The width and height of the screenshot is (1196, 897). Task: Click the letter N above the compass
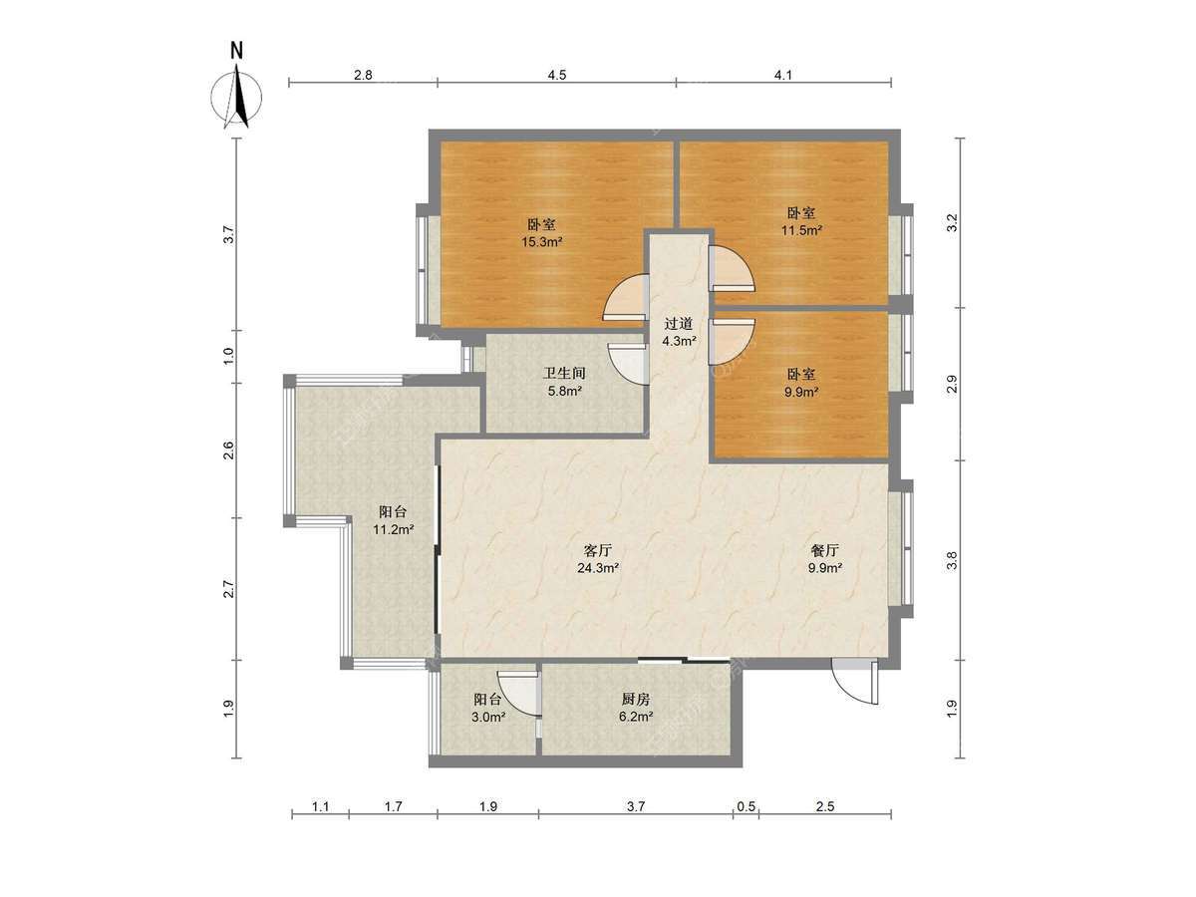[x=237, y=51]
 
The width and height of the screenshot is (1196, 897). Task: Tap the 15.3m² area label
[x=541, y=242]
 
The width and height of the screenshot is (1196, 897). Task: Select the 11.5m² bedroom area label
[x=801, y=230]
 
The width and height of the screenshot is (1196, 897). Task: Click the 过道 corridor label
[x=679, y=324]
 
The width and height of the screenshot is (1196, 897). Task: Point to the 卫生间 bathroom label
[x=564, y=373]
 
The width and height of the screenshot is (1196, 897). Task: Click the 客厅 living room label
[x=598, y=550]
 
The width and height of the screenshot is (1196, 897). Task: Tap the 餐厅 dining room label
[x=825, y=550]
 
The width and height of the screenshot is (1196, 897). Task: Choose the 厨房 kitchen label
[x=636, y=699]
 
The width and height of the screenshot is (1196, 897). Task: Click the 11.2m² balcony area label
[x=394, y=529]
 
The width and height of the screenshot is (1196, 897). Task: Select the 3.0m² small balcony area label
[x=488, y=717]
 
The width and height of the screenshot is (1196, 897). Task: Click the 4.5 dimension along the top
[x=556, y=75]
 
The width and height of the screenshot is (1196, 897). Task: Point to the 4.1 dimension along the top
[x=783, y=75]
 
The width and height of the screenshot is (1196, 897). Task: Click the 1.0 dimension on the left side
[x=229, y=356]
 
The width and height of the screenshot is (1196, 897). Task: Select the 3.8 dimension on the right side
[x=952, y=560]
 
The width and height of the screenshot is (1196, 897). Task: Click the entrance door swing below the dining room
[x=854, y=683]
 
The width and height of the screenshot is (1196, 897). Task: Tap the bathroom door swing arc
[x=627, y=364]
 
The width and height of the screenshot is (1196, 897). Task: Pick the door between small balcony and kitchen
[x=518, y=694]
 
